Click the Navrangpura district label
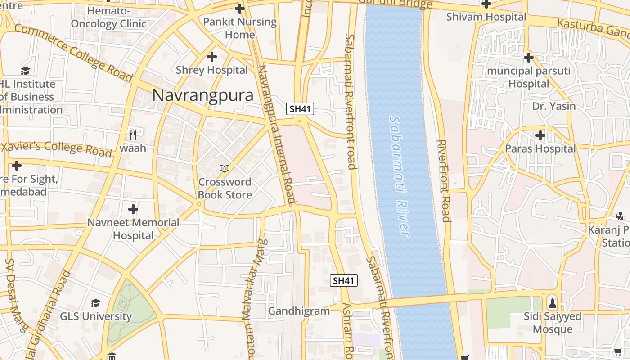coord(202,95)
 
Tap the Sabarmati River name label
coord(399,176)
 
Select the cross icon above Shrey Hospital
coord(211,57)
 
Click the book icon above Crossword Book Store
coord(224,169)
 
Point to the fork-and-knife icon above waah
coord(132,135)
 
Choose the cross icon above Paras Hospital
coord(540,135)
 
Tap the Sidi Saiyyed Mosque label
coord(553,323)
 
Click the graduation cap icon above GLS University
coord(95,303)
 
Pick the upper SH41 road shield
coord(300,108)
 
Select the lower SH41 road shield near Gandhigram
coord(344,281)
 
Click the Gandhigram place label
coord(299,311)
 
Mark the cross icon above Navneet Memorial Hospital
coord(133,209)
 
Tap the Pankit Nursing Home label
coord(240,28)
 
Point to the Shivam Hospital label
coord(486,17)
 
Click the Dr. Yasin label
coord(554,106)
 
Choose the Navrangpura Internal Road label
coord(276,135)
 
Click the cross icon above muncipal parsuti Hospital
coord(529,58)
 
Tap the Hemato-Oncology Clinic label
coord(108,17)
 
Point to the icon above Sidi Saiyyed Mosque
coord(553,302)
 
